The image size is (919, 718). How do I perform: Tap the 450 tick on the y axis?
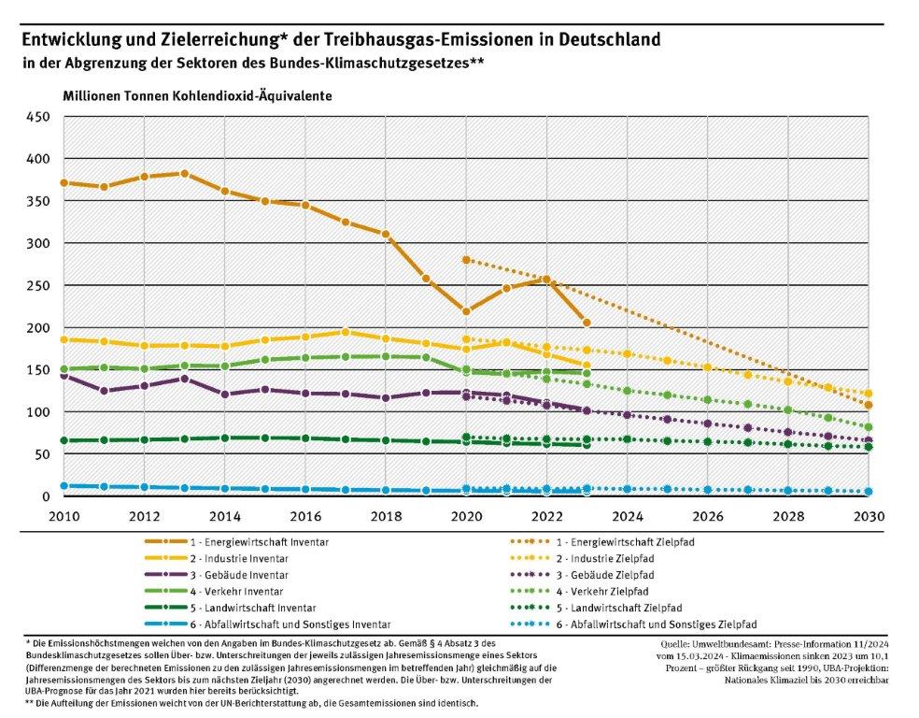click(x=37, y=117)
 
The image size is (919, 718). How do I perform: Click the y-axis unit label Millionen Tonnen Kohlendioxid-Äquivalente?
click(x=197, y=96)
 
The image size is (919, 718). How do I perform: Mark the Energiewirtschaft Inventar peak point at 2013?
click(x=184, y=174)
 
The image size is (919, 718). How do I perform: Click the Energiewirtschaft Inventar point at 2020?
click(x=466, y=311)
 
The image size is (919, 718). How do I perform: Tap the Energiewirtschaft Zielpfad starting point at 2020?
click(x=466, y=260)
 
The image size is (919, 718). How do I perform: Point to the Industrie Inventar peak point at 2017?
click(x=346, y=332)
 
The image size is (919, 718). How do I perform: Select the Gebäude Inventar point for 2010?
click(x=64, y=375)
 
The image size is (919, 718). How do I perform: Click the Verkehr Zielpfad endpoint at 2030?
click(x=869, y=427)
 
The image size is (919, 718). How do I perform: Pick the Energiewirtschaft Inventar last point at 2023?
click(x=587, y=323)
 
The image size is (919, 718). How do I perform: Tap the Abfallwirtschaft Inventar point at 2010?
click(x=64, y=486)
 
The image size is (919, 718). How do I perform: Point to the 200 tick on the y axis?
click(x=37, y=327)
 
